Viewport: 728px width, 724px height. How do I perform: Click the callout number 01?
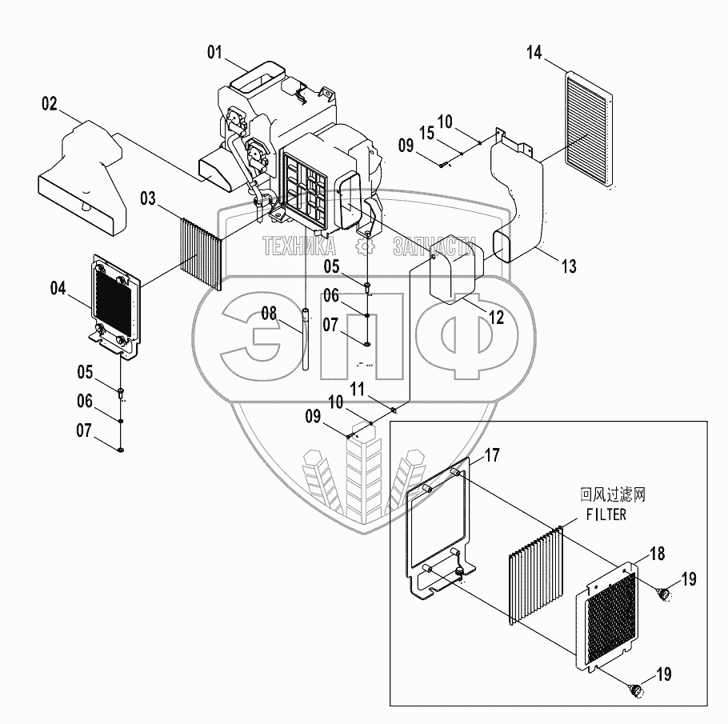pos(214,53)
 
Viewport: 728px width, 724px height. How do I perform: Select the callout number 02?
pos(49,103)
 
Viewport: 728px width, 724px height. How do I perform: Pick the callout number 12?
pos(496,318)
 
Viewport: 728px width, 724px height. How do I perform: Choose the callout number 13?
pos(568,266)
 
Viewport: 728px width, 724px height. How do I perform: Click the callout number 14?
pos(534,54)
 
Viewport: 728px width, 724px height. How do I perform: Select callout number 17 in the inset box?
pos(492,457)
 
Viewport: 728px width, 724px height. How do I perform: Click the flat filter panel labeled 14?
pos(590,128)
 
